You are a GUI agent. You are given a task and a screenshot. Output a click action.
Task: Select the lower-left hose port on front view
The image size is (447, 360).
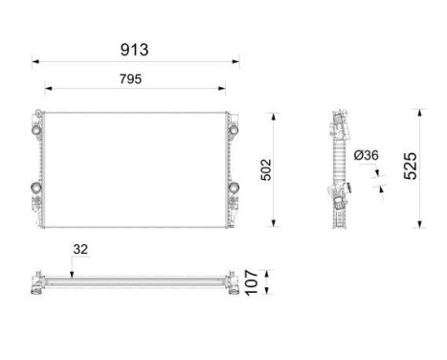pyautogui.click(x=37, y=187)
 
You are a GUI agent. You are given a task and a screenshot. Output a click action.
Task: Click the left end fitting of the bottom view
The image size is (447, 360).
pyautogui.click(x=36, y=284)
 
